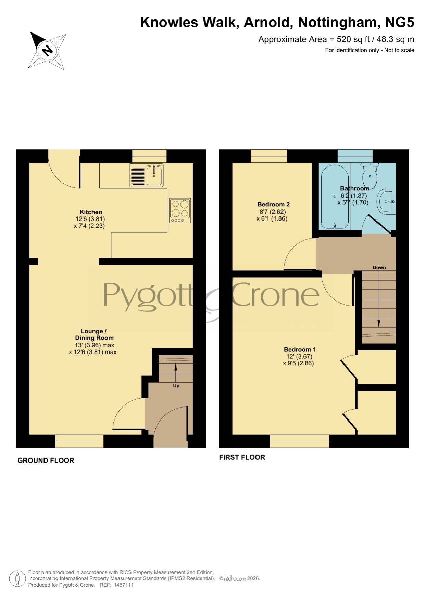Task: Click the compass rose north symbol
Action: click(x=47, y=51)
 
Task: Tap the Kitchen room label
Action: click(x=91, y=212)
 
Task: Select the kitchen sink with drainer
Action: click(x=146, y=175)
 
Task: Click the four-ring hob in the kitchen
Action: click(x=180, y=210)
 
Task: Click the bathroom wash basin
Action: click(x=387, y=202)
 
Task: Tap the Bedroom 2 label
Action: click(x=273, y=204)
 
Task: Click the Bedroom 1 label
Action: click(x=300, y=349)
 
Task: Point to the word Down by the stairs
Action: click(x=379, y=268)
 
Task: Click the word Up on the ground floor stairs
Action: click(x=176, y=386)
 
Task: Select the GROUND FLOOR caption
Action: click(x=46, y=461)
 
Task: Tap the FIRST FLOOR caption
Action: click(x=242, y=457)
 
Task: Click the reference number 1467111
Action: click(x=123, y=585)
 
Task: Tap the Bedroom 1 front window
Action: click(x=300, y=441)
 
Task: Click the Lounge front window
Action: click(x=79, y=441)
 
